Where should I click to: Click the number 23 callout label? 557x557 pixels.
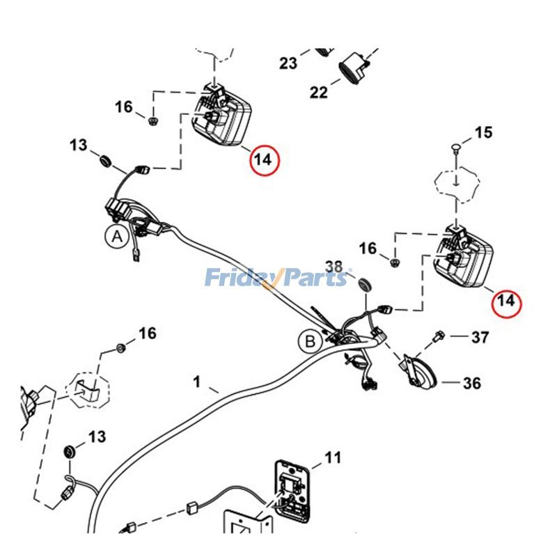pyautogui.click(x=288, y=63)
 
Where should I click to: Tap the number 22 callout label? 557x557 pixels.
pyautogui.click(x=318, y=92)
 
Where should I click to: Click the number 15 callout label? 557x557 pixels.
pyautogui.click(x=483, y=132)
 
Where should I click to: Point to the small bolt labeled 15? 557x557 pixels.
pyautogui.click(x=455, y=148)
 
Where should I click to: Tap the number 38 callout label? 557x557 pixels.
pyautogui.click(x=334, y=266)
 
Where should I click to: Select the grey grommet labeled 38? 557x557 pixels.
pyautogui.click(x=363, y=284)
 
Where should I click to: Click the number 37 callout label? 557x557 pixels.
pyautogui.click(x=480, y=338)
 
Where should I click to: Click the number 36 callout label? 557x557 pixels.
pyautogui.click(x=472, y=383)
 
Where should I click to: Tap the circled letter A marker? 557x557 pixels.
pyautogui.click(x=117, y=237)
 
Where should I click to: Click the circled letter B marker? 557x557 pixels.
pyautogui.click(x=310, y=341)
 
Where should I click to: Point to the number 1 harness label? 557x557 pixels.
pyautogui.click(x=197, y=382)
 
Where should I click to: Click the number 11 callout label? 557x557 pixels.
pyautogui.click(x=333, y=458)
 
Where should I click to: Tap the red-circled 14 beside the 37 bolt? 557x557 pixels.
pyautogui.click(x=506, y=301)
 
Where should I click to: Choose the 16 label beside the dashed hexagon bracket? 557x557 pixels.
pyautogui.click(x=147, y=334)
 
